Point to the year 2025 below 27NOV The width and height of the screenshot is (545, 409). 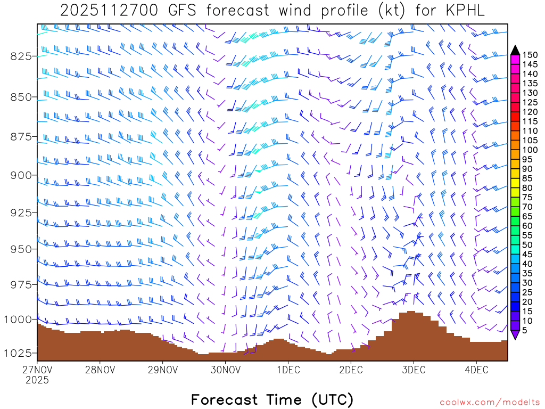tap(37, 380)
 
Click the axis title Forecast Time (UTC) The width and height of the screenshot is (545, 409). tap(272, 399)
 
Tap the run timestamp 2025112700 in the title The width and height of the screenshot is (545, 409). tap(109, 11)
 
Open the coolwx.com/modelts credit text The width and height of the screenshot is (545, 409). tap(489, 402)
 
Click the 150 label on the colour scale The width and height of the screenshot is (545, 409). tap(530, 55)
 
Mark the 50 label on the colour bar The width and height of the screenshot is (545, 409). tap(527, 244)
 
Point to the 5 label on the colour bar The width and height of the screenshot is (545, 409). tap(525, 330)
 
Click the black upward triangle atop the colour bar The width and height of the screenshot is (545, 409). tap(515, 50)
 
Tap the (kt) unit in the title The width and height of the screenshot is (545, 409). tap(391, 11)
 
